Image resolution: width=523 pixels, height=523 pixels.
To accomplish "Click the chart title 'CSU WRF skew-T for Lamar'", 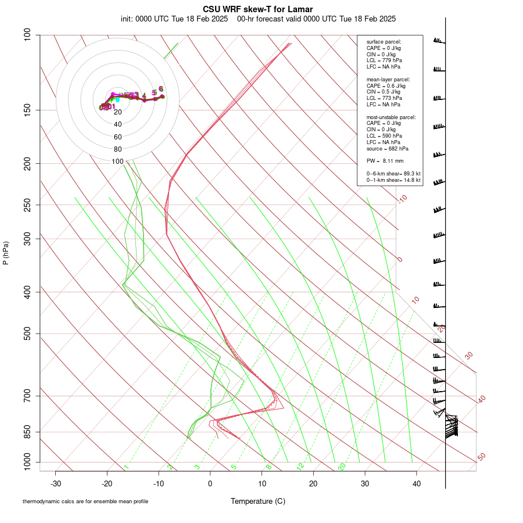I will click(258, 9).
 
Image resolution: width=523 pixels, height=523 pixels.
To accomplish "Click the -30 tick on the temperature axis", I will click(56, 483).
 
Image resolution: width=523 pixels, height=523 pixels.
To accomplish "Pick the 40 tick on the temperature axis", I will click(417, 483).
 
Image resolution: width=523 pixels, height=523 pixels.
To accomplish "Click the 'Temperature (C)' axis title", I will click(258, 501).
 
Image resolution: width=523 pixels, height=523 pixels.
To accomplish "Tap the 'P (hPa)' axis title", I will click(6, 253).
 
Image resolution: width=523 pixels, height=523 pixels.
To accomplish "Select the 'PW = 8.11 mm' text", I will click(385, 161).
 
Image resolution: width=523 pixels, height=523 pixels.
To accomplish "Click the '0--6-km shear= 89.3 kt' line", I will click(393, 174).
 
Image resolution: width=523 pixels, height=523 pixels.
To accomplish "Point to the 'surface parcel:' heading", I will click(384, 42).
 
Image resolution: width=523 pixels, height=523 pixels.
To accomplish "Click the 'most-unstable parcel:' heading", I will click(391, 117).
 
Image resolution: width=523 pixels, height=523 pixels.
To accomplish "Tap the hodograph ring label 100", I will click(118, 162).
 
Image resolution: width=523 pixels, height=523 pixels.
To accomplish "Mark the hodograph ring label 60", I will click(118, 137).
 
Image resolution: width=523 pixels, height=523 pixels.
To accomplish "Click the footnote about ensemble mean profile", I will click(85, 501).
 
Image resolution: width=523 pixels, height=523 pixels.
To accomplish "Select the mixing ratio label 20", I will click(342, 467).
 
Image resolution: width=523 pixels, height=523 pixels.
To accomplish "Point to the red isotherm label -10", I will click(402, 199).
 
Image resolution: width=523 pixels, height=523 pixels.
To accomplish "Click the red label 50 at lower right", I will click(481, 457).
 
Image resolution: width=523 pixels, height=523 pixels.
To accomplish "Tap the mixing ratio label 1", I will click(126, 467).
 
